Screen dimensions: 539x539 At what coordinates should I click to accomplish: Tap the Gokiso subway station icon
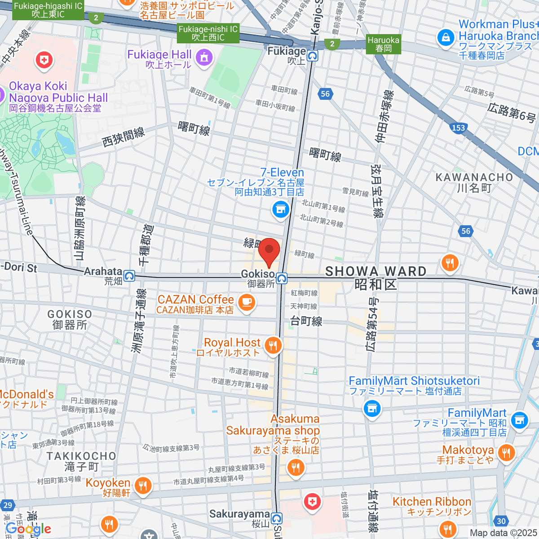point(282,278)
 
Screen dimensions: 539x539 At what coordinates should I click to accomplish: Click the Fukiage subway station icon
point(313,56)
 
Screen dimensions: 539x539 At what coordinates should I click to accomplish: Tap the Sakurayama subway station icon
point(277,519)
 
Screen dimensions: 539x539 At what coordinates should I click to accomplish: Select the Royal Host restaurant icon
point(273,345)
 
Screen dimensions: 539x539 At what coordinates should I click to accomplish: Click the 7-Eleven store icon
point(281,209)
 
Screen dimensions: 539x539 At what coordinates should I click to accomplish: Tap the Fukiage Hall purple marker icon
point(204,58)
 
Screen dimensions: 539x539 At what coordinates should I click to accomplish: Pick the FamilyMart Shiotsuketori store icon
point(371,408)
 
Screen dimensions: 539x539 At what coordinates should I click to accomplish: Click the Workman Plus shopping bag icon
point(446,38)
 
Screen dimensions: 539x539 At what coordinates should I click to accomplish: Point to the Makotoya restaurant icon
point(506,452)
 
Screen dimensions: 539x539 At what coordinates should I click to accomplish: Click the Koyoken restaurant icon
point(142,486)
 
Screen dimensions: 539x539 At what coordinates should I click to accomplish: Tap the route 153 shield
point(458,128)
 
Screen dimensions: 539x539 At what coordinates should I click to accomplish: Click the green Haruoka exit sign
point(383,44)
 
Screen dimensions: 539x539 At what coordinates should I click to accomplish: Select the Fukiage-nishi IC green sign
point(208,33)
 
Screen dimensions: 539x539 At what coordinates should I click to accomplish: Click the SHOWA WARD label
point(376,271)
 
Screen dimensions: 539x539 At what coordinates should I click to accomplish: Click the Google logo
point(28,529)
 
